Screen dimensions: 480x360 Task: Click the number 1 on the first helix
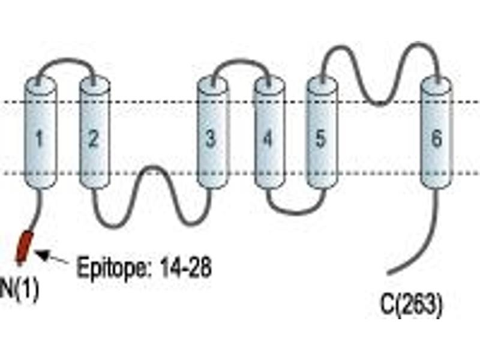click(39, 139)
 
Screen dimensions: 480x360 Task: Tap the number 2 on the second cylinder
click(93, 139)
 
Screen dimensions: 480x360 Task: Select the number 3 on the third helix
click(211, 139)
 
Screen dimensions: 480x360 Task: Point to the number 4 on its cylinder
click(268, 139)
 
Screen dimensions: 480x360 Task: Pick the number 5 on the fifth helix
click(320, 139)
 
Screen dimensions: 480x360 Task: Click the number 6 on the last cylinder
click(436, 139)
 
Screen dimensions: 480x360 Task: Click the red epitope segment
click(25, 247)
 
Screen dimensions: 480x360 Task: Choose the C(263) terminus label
click(411, 304)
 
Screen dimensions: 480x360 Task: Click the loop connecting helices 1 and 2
click(66, 59)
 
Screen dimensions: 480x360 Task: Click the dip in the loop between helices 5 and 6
click(379, 103)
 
